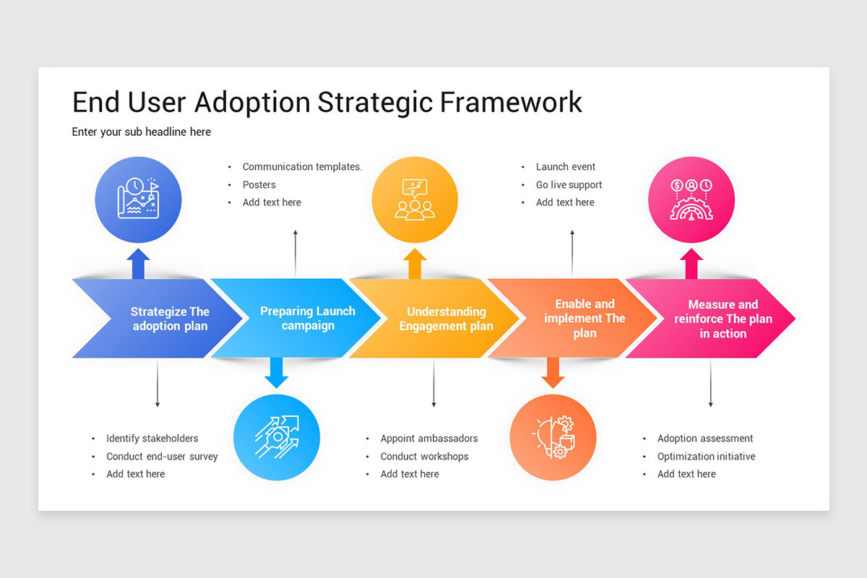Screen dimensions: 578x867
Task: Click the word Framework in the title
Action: point(511,102)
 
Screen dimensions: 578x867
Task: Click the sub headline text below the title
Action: point(142,132)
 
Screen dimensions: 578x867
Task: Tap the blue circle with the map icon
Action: point(138,199)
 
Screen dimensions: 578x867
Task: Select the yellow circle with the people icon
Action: point(415,199)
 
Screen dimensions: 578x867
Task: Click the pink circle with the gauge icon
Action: point(691,199)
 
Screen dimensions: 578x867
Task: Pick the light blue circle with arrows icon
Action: point(277,437)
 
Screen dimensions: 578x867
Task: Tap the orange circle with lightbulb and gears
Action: point(553,437)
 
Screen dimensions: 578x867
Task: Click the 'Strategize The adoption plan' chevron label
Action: point(170,319)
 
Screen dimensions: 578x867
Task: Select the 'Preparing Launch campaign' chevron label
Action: point(308,319)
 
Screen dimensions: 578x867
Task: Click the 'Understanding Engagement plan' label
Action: point(446,319)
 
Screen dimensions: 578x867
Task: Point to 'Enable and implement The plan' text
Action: point(585,319)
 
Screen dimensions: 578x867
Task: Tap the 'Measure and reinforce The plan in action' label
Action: point(722,319)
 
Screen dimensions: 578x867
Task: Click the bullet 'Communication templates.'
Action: point(302,167)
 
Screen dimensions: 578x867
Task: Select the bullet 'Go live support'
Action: point(569,185)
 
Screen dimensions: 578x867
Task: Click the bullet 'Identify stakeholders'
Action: point(152,439)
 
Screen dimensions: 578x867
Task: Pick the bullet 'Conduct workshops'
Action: point(424,457)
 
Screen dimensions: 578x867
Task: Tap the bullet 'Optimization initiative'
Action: point(706,457)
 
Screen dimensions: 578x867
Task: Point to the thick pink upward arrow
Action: point(691,264)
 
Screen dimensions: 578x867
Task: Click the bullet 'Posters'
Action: point(259,185)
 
